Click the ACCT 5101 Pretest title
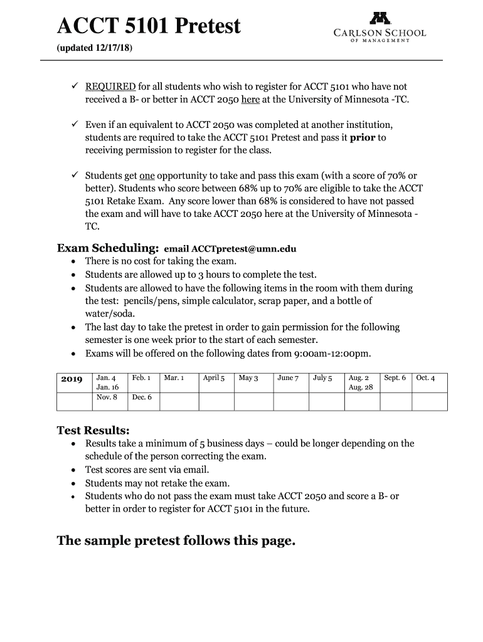(x=149, y=26)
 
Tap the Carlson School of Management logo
(x=379, y=27)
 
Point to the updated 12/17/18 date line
(x=95, y=48)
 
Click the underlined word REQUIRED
(x=110, y=87)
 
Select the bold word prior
(x=362, y=137)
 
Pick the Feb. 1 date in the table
(x=141, y=378)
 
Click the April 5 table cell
(x=213, y=378)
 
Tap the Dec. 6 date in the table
(x=141, y=397)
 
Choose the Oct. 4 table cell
(x=425, y=378)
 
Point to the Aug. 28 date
(x=361, y=387)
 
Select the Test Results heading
(x=93, y=431)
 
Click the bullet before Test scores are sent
(x=75, y=470)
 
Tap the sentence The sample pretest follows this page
(x=176, y=540)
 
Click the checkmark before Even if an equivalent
(x=74, y=125)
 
